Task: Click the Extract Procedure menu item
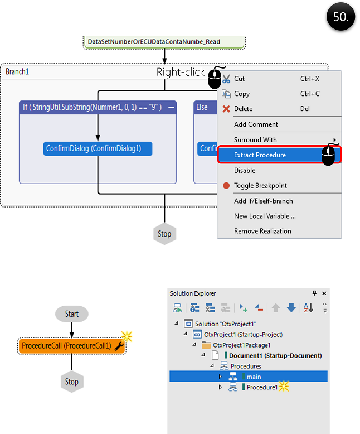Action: tap(260, 155)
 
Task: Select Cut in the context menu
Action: tap(240, 79)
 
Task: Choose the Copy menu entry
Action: tap(242, 94)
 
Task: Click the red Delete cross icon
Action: tap(226, 109)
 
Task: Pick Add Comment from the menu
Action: tap(256, 124)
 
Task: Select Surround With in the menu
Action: tap(255, 139)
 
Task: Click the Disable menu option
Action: tap(245, 170)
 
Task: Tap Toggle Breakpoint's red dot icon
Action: tap(226, 185)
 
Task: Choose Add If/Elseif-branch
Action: tap(263, 201)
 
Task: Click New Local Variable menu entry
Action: tap(265, 216)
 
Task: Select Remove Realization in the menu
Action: tap(262, 231)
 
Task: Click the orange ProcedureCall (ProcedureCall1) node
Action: tap(67, 346)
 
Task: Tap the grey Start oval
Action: tap(72, 314)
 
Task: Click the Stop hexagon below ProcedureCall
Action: tap(72, 382)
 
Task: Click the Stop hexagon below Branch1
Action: tap(164, 234)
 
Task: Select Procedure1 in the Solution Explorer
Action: tap(262, 387)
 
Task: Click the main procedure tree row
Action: tap(254, 377)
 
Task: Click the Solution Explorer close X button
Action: tap(325, 293)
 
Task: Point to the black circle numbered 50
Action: tap(340, 17)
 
